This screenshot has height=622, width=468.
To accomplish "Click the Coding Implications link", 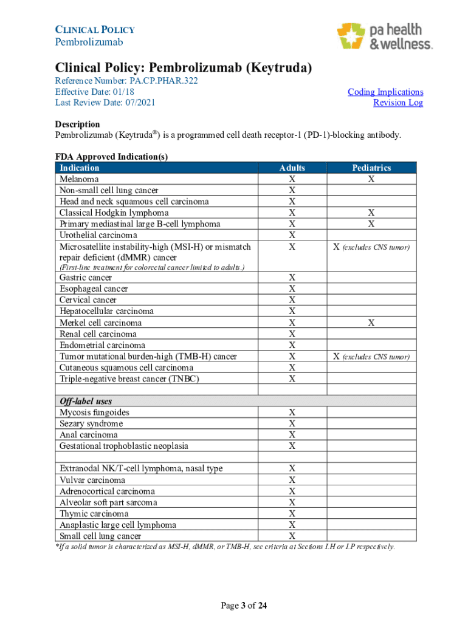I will pos(385,92).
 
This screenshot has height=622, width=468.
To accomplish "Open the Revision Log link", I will pos(398,103).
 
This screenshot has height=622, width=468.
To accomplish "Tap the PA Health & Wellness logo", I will pos(384,36).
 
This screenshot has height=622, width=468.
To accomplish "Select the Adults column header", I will pos(292,168).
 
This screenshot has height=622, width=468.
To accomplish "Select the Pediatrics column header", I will pos(371,168).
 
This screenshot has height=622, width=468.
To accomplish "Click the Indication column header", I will pos(79,168).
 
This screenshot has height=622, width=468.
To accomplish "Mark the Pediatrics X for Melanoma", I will pos(371,179).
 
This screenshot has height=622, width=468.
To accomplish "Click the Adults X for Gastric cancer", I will pos(292,278).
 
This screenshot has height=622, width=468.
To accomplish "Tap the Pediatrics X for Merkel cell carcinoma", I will pos(371,323).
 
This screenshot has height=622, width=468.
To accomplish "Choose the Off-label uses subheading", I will pos(86,401).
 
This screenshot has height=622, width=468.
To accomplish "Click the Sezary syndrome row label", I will pos(91,423).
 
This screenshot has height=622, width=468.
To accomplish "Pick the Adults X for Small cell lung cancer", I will pos(292,536).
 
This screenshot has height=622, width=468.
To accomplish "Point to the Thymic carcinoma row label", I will pos(94,513).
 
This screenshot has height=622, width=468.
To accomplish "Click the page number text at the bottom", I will pos(243,606).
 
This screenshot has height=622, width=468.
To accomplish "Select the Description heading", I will pos(78,124).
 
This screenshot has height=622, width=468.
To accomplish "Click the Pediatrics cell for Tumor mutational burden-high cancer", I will pos(371,357).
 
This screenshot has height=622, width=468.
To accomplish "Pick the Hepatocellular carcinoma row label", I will pos(106,311).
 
